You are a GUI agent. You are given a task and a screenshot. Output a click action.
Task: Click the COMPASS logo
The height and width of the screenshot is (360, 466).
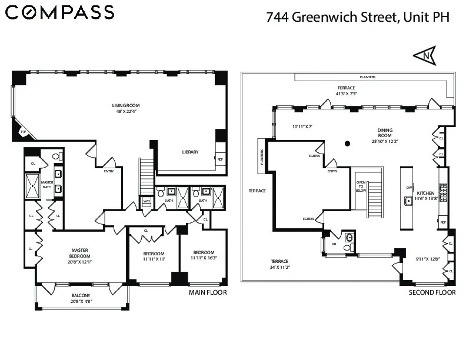(x=60, y=12)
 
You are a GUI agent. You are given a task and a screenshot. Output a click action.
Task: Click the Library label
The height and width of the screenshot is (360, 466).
(x=190, y=152)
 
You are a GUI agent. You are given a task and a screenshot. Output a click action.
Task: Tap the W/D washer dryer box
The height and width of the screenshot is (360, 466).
(x=147, y=201)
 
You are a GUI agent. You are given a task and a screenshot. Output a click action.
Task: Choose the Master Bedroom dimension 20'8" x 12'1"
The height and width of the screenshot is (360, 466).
(x=79, y=263)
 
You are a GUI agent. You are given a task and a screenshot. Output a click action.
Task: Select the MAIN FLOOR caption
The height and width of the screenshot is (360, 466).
(x=207, y=292)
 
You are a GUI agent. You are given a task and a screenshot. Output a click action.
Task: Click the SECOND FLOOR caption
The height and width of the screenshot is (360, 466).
(x=432, y=292)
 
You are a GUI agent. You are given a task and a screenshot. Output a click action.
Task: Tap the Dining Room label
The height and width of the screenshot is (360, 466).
(x=385, y=131)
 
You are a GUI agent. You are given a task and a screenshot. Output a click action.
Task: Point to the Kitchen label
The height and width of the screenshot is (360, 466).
(x=425, y=193)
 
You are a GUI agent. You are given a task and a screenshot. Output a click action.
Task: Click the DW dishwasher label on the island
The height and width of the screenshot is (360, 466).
(x=408, y=188)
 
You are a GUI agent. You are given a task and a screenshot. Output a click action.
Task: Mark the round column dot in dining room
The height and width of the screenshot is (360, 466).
(x=348, y=143)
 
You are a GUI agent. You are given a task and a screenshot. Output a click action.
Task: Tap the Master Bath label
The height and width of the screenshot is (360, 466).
(x=47, y=185)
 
